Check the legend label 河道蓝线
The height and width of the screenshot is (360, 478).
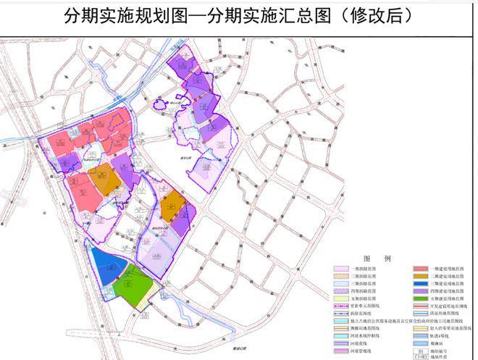click(361, 344)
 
